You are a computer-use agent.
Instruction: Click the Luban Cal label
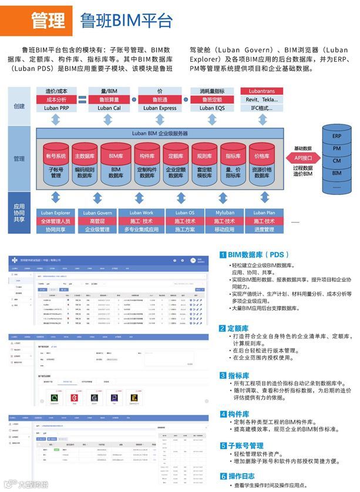point(109,108)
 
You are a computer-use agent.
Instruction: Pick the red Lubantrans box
point(262,92)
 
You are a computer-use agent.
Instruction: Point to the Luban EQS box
point(211,108)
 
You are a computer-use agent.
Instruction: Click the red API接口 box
point(302,158)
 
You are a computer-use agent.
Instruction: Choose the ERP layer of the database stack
point(337,136)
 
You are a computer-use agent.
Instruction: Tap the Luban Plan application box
point(262,213)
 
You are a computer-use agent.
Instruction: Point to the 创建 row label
point(19,106)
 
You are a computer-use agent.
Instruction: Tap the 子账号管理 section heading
point(245,446)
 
